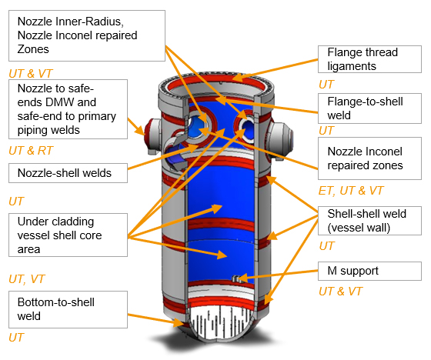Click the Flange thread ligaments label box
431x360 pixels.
(369, 59)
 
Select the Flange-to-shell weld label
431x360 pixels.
(369, 108)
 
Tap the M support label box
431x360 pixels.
(369, 271)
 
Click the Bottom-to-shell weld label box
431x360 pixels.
(68, 309)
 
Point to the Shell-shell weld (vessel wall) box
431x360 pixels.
(369, 221)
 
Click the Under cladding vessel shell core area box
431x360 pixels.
(68, 235)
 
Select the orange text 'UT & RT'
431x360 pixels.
(31, 151)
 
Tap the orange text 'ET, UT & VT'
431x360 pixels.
(351, 191)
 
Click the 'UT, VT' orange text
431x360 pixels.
(27, 279)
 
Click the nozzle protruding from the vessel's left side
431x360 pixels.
(152, 136)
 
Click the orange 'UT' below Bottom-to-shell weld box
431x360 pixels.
(16, 338)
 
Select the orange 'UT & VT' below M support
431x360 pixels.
(340, 292)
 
